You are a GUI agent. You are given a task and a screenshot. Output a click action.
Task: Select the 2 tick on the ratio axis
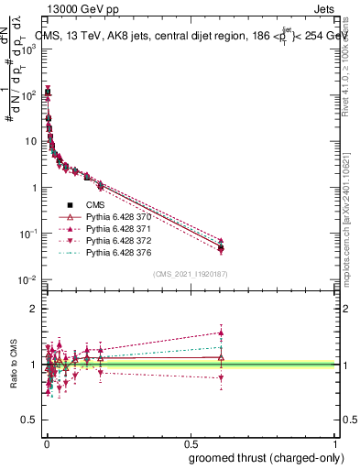tap(35, 308)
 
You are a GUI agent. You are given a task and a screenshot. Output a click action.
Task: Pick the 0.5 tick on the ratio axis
tap(31, 421)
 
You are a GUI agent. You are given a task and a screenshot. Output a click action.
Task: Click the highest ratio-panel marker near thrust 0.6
tap(221, 333)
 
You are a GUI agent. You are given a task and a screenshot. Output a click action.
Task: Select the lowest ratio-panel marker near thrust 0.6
tap(221, 377)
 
